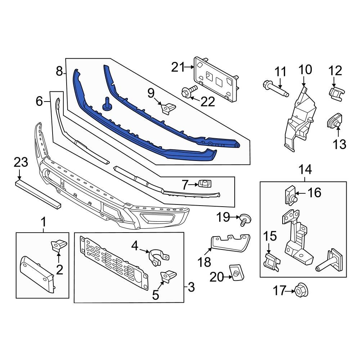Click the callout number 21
(x=177, y=67)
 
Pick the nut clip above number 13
(x=334, y=122)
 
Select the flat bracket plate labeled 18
(x=230, y=242)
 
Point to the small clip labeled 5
(x=168, y=276)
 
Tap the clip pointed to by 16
(x=291, y=194)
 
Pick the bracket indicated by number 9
(x=167, y=108)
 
